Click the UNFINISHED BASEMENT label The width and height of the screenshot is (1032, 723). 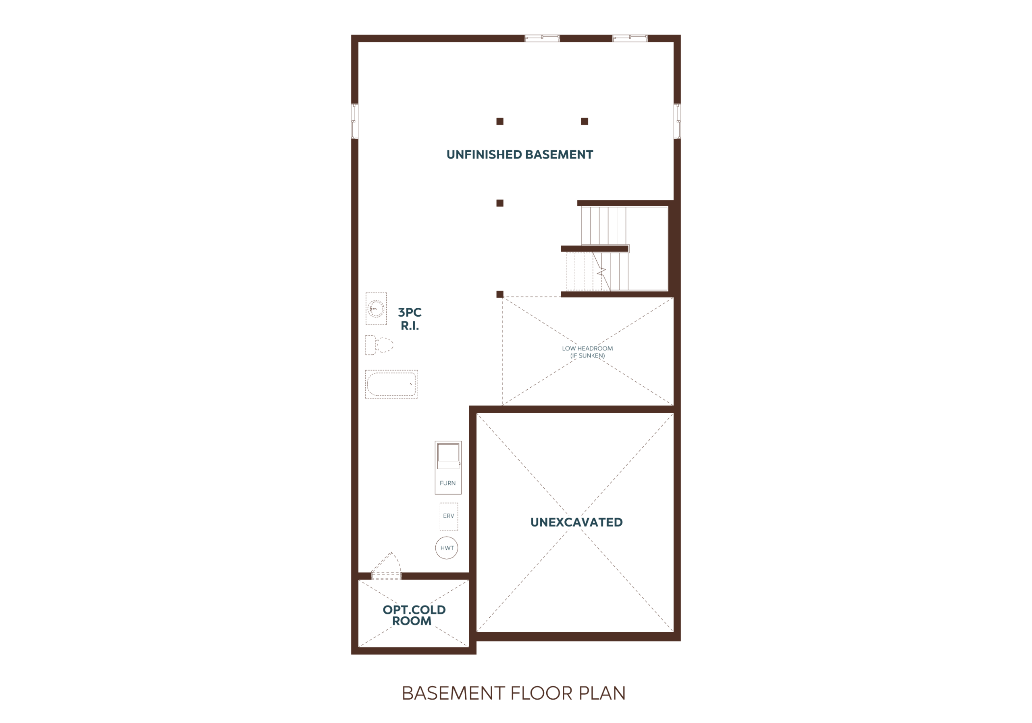pos(520,155)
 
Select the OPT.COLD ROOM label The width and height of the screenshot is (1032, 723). pos(414,615)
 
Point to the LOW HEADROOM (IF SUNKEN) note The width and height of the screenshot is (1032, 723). pos(587,352)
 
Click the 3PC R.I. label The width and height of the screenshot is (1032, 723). pos(410,319)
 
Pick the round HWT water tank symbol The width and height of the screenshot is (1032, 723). pos(447,548)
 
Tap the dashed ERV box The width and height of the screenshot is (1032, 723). pos(449,516)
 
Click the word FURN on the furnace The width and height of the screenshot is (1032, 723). pos(448,483)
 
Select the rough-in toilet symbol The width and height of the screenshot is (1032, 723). pos(379,345)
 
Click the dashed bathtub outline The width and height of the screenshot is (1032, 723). pos(391,384)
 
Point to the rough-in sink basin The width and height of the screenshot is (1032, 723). pos(376,309)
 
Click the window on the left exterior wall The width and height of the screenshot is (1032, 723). pos(354,121)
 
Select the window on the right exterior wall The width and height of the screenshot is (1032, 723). pos(677,121)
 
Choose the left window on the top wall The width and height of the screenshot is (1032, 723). pos(542,38)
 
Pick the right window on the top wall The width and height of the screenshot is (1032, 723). pos(630,38)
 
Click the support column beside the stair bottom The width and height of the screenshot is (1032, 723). pos(500,294)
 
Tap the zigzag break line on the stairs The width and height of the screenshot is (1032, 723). pos(601,271)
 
